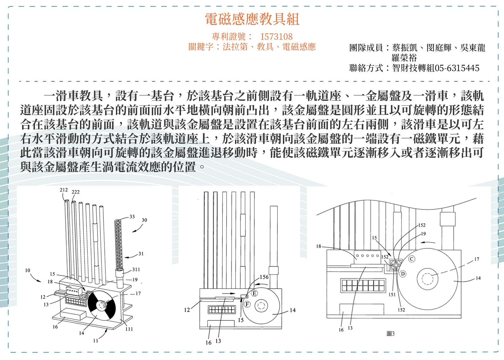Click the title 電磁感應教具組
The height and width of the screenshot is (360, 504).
pos(252,19)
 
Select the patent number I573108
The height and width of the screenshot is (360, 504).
pos(276,37)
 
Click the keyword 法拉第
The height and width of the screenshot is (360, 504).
pos(235,47)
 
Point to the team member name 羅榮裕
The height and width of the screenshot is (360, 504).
pos(404,58)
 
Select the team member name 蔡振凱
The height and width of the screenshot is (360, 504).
pos(405,48)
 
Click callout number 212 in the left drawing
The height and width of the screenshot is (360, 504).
pos(64,190)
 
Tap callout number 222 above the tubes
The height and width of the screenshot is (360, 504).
pos(76,192)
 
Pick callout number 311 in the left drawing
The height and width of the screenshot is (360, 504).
pos(136,270)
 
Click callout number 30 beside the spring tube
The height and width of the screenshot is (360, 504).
pos(144,220)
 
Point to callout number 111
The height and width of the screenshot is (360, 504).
pos(129,329)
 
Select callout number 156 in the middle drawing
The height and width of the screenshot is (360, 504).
pos(264,277)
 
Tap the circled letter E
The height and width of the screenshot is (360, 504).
pos(254,293)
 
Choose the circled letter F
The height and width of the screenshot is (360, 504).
pos(247,304)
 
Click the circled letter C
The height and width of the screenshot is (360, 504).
pos(412,259)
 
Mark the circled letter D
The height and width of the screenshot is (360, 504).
pos(403,274)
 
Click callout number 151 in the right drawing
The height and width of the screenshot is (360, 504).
pos(392,294)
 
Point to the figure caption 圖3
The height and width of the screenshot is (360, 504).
pos(391,334)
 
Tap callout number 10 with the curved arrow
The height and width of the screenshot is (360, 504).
pos(28,270)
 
